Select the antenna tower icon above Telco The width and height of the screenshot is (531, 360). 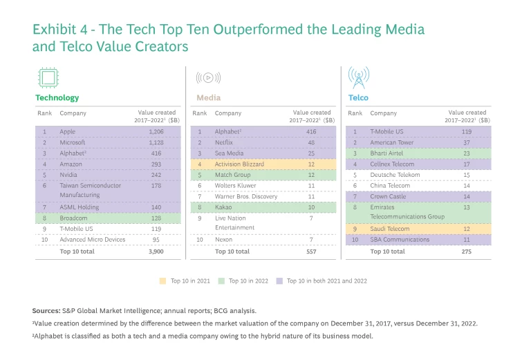(x=358, y=78)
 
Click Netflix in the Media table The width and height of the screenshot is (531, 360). (x=226, y=142)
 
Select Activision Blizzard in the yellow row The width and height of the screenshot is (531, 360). (x=241, y=164)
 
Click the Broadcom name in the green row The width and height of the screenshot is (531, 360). (x=75, y=217)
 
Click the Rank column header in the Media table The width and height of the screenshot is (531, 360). (x=200, y=113)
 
